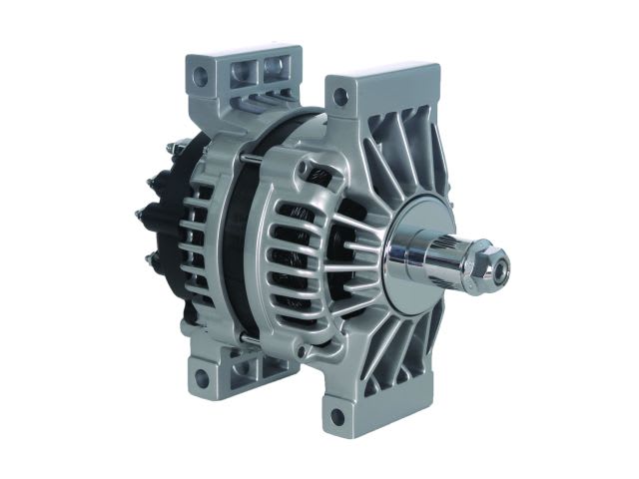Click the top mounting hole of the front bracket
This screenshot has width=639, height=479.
tap(339, 97)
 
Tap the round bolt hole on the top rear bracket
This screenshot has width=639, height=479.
tap(204, 74)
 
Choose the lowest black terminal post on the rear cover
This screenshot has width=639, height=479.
tap(152, 261)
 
